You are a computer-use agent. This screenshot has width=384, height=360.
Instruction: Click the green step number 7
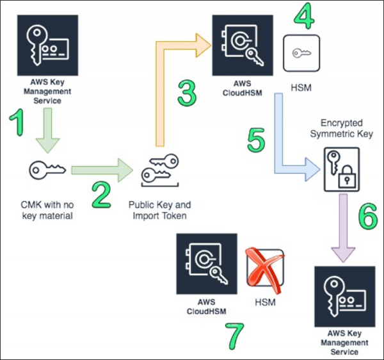point(235,334)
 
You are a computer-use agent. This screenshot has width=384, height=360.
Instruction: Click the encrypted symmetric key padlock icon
point(338,168)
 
